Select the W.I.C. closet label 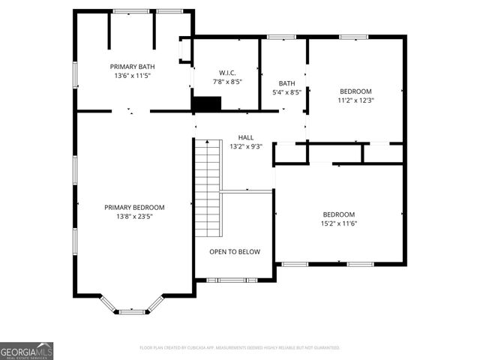click(x=227, y=73)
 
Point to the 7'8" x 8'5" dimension click(x=227, y=82)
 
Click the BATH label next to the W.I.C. click(x=286, y=83)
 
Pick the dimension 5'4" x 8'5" click(x=286, y=92)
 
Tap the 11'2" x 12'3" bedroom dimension click(x=355, y=100)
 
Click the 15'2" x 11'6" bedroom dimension click(x=338, y=223)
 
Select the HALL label click(x=245, y=137)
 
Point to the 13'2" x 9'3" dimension click(x=245, y=146)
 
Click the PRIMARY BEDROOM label click(x=134, y=207)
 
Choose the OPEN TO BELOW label click(x=235, y=252)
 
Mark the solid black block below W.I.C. click(x=205, y=104)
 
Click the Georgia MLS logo click(x=26, y=351)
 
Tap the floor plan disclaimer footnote click(x=240, y=348)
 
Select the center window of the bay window click(x=132, y=310)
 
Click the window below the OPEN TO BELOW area click(x=235, y=280)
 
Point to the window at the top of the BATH click(x=282, y=37)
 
